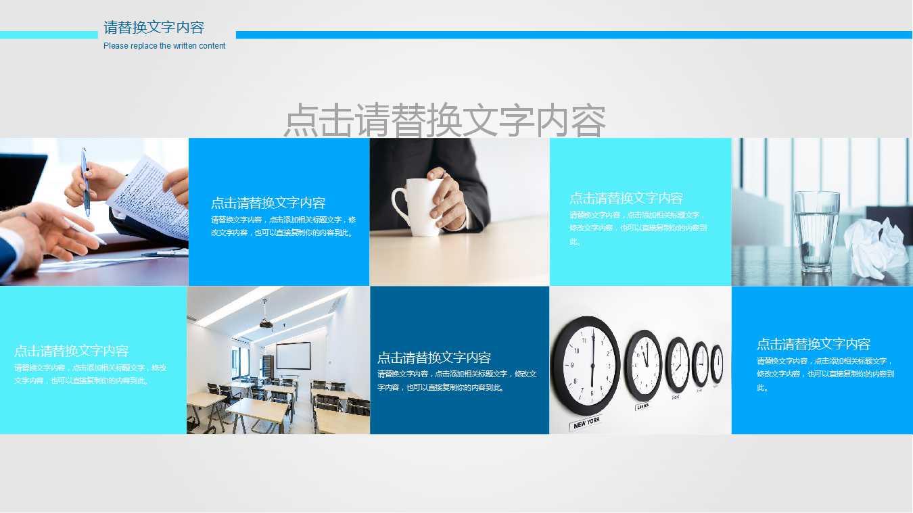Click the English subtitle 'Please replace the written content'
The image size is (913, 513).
[x=164, y=46]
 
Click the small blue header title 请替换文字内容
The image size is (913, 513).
[x=154, y=28]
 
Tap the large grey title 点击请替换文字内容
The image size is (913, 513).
[x=444, y=120]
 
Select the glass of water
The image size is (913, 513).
[x=816, y=230]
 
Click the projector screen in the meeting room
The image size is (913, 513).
[x=293, y=356]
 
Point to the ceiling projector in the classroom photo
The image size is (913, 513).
[x=266, y=324]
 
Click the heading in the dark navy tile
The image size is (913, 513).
[x=434, y=358]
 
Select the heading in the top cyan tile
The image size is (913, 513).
[x=626, y=198]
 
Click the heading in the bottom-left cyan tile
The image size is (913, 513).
[x=71, y=351]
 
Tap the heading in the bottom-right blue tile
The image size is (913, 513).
[x=813, y=344]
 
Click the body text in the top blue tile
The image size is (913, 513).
[x=283, y=226]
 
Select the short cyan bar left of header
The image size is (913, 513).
[x=48, y=34]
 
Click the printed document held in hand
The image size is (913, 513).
[x=150, y=196]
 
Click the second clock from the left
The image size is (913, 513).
[x=643, y=365]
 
